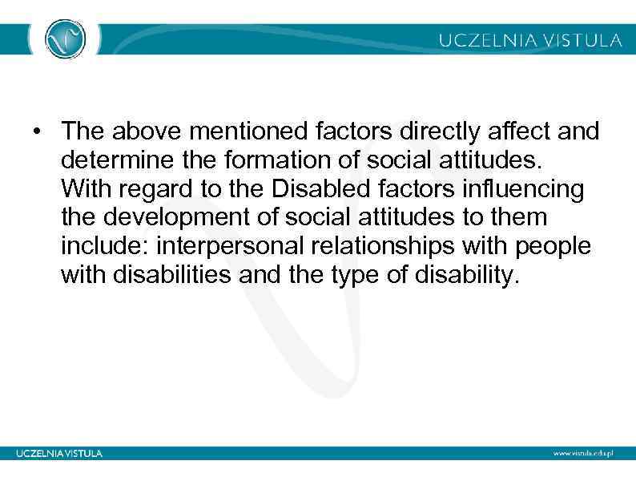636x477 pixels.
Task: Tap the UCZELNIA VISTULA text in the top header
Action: click(x=529, y=39)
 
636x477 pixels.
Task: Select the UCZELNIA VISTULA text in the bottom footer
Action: click(x=60, y=453)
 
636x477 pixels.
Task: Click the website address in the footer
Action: click(x=582, y=453)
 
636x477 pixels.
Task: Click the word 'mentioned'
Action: click(x=233, y=131)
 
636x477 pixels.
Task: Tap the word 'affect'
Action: click(x=513, y=131)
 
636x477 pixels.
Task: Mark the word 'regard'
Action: click(x=147, y=190)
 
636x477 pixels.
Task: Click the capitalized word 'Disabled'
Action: click(x=308, y=188)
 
